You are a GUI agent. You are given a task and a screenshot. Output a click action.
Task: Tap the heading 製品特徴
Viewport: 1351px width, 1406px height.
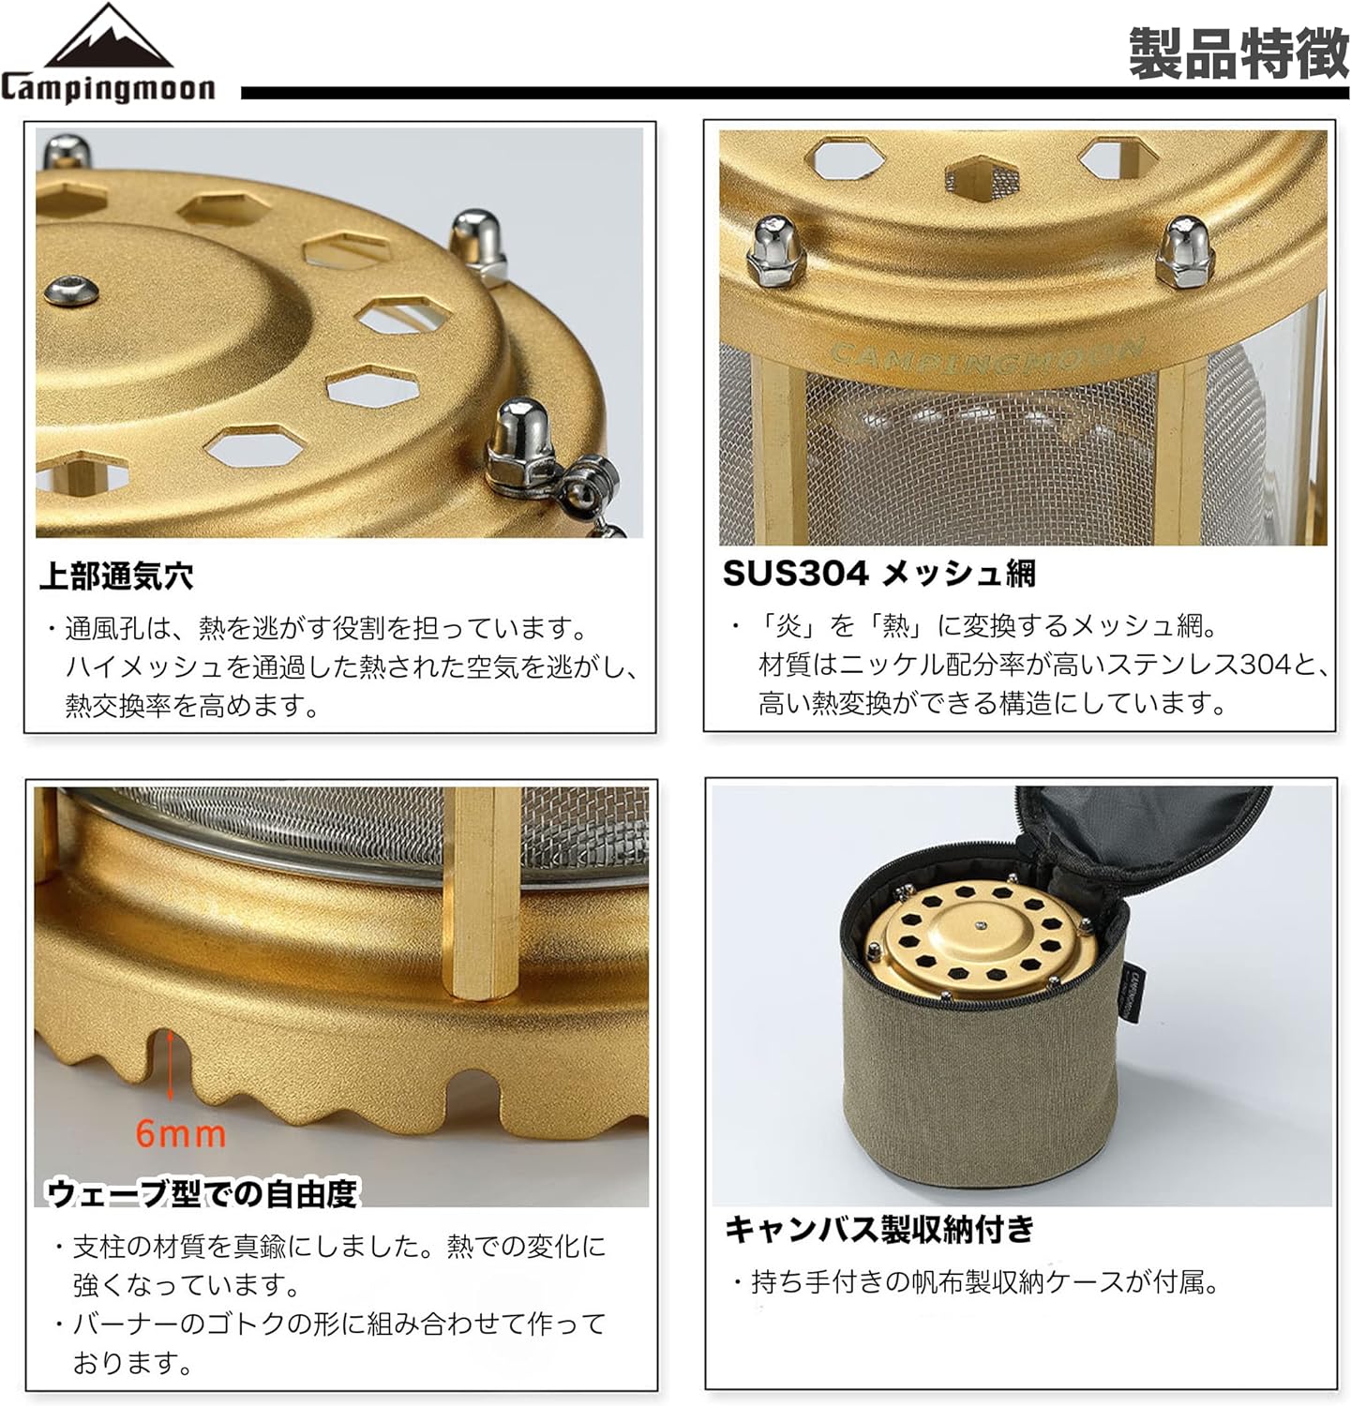tap(1238, 53)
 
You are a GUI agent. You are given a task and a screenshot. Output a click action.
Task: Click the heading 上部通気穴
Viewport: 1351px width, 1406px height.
tap(116, 576)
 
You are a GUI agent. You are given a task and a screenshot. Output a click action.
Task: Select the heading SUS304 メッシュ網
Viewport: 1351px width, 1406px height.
tap(878, 573)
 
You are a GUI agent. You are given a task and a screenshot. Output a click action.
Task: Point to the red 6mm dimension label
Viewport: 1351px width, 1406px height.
tap(180, 1133)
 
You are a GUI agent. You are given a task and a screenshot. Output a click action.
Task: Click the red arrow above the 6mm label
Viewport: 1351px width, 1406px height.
tap(170, 1064)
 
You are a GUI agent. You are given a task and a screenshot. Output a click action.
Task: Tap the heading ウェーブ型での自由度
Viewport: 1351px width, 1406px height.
tap(202, 1192)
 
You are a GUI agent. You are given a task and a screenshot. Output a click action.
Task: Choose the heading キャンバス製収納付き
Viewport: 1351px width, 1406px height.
tap(879, 1228)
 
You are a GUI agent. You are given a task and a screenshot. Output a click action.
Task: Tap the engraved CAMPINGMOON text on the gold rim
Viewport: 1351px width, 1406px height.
tap(984, 356)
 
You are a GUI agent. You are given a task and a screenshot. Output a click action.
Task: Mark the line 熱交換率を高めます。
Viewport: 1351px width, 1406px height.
tap(192, 705)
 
